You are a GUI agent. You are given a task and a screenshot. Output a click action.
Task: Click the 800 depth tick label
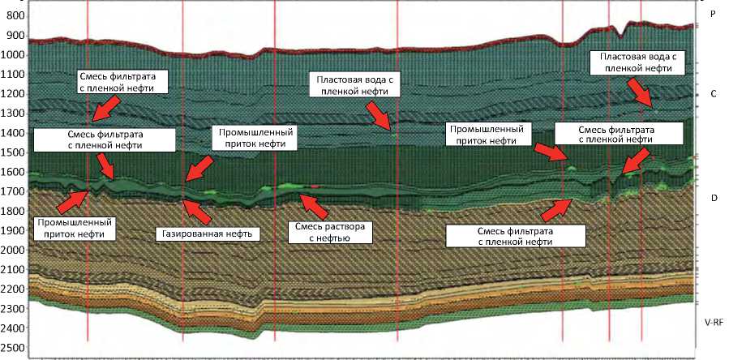tap(14, 15)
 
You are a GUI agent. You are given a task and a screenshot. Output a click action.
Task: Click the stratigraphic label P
tap(713, 15)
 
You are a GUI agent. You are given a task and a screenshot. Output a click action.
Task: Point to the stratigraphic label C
tap(713, 94)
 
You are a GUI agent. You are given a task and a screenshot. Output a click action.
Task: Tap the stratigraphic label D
tap(713, 197)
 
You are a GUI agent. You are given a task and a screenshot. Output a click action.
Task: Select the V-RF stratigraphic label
tap(713, 322)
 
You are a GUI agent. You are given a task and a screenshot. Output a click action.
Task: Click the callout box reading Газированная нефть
tap(207, 234)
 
